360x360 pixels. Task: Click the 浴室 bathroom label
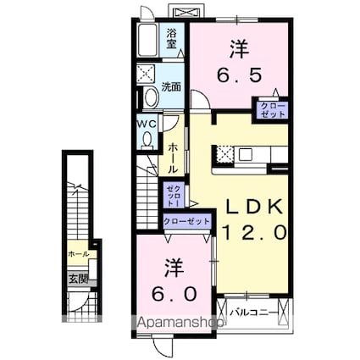click(x=172, y=36)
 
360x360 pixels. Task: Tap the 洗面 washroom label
click(x=172, y=86)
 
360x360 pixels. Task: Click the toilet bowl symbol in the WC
click(x=148, y=137)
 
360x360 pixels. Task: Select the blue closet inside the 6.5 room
click(x=274, y=108)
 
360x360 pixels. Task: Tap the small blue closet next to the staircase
click(x=173, y=197)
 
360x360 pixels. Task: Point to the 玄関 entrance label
click(x=75, y=274)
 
